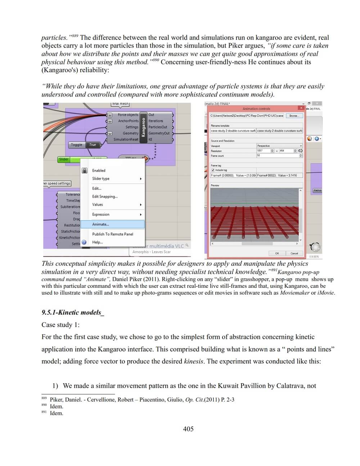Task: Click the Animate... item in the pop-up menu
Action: pos(100,224)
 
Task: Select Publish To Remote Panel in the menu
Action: pos(112,234)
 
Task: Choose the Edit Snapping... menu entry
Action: pos(105,197)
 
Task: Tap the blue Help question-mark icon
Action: pos(84,242)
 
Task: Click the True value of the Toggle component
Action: pos(93,145)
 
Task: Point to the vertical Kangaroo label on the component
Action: pos(143,127)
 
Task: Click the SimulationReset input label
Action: pos(126,139)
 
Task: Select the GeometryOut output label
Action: pos(159,133)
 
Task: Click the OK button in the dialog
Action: pos(277,253)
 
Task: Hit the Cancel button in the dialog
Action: pos(294,253)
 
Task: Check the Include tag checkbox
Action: pos(213,170)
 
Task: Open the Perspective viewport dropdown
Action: pos(279,146)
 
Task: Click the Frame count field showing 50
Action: pos(279,156)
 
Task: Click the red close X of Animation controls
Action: pos(301,108)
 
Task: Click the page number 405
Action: pos(188,429)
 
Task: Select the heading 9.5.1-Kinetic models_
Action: pos(72,313)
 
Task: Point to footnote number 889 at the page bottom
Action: pos(44,398)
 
